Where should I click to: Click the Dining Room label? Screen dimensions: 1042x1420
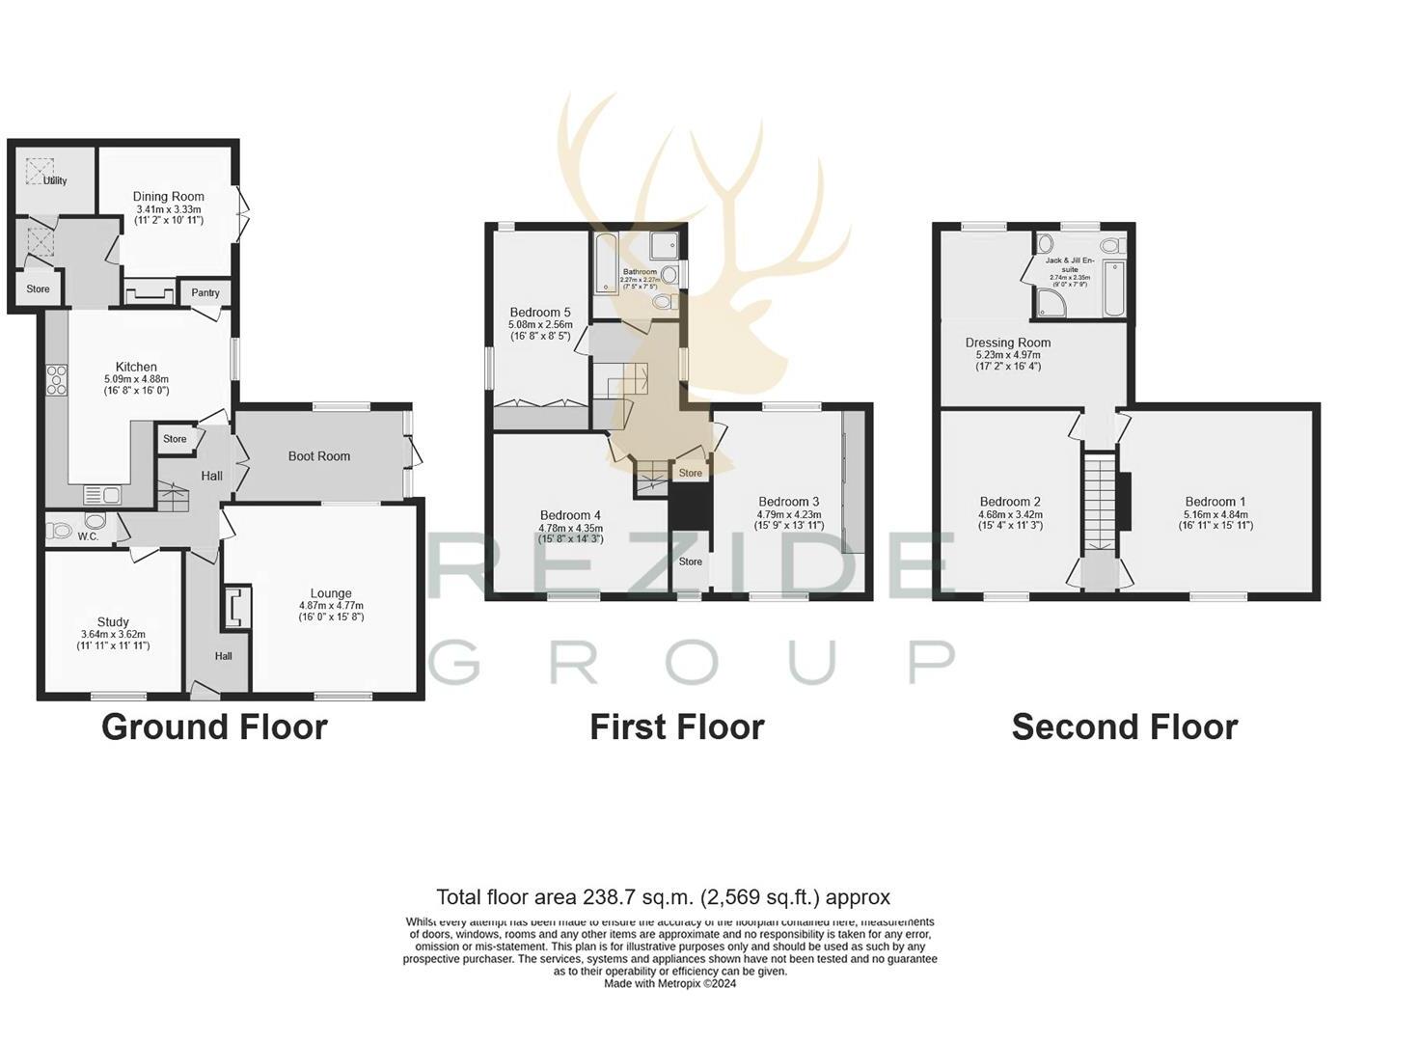pyautogui.click(x=169, y=197)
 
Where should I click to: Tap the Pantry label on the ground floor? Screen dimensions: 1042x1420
pyautogui.click(x=205, y=292)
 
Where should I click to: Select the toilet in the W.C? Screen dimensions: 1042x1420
pyautogui.click(x=61, y=530)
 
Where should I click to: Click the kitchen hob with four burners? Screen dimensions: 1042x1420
pyautogui.click(x=57, y=379)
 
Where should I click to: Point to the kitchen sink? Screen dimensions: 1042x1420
pyautogui.click(x=101, y=496)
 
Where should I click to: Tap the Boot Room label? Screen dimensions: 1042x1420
pyautogui.click(x=319, y=456)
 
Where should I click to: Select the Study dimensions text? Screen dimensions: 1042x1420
pyautogui.click(x=114, y=641)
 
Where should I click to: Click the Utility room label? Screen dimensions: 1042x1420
pyautogui.click(x=55, y=180)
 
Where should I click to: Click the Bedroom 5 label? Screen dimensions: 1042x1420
pyautogui.click(x=540, y=313)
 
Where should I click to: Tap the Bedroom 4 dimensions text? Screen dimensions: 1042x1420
pyautogui.click(x=570, y=534)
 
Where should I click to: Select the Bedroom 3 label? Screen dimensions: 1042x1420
pyautogui.click(x=788, y=502)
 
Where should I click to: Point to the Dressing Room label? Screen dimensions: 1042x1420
pyautogui.click(x=1008, y=343)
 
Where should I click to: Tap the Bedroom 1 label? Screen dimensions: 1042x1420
pyautogui.click(x=1215, y=502)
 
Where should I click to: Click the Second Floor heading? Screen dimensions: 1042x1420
pyautogui.click(x=1124, y=727)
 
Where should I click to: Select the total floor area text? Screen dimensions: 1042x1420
pyautogui.click(x=663, y=897)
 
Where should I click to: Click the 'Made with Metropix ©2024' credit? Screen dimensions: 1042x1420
pyautogui.click(x=669, y=984)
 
